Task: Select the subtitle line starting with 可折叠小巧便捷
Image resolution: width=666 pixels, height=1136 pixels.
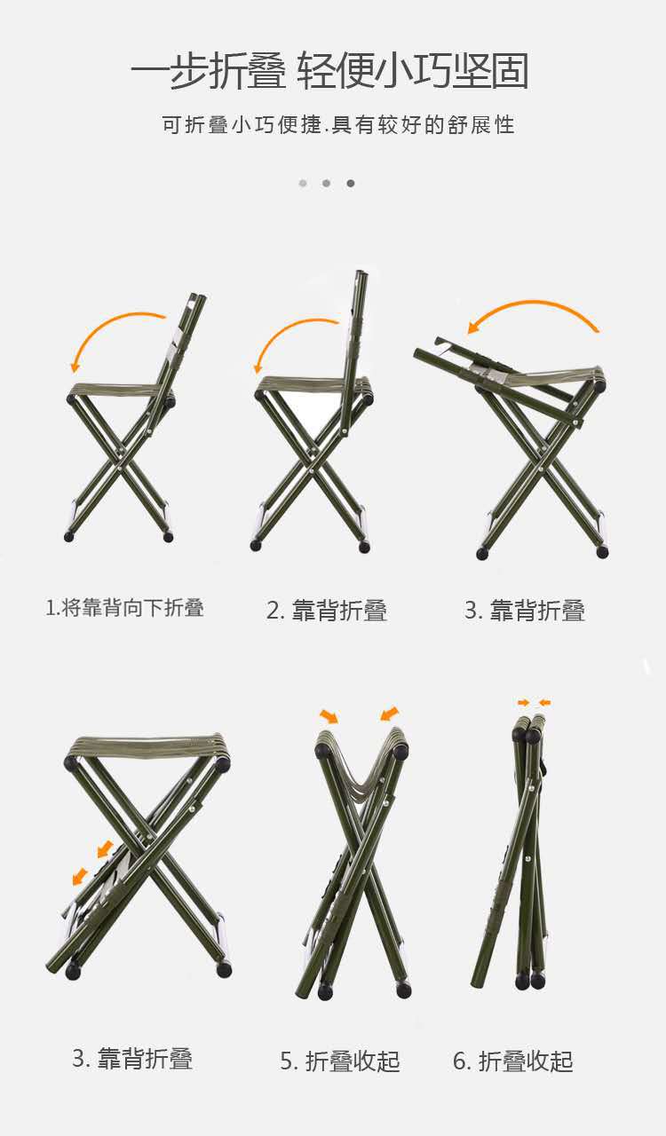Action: click(337, 124)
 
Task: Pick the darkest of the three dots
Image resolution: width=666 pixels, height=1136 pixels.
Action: click(351, 184)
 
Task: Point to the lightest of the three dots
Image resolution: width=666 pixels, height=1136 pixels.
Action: click(303, 184)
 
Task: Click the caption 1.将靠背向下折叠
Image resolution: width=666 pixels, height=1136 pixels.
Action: click(125, 608)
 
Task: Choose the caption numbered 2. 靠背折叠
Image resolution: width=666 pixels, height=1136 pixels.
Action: click(327, 611)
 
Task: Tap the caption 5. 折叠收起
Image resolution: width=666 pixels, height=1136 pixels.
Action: click(340, 1061)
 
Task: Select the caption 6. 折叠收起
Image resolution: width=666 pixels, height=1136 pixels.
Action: click(513, 1061)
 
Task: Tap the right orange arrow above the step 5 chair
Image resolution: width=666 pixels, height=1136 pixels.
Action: click(389, 714)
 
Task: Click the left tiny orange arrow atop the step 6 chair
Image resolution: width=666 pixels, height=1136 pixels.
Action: click(524, 703)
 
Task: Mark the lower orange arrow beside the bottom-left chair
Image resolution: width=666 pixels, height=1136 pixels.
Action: click(81, 877)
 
